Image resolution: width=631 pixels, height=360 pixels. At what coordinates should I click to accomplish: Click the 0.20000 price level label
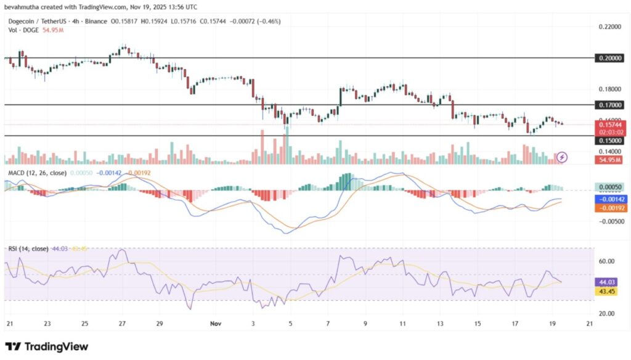click(610, 57)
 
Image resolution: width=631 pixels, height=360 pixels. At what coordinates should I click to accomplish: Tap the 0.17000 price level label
click(610, 105)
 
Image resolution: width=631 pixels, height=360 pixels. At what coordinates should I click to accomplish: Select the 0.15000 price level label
click(610, 141)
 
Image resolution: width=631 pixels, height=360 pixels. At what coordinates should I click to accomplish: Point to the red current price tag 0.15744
click(610, 125)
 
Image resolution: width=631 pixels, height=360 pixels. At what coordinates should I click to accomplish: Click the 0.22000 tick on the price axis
click(610, 27)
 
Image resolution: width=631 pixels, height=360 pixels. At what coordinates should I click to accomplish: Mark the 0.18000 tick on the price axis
click(610, 89)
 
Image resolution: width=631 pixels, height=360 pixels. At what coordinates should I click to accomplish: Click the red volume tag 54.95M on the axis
click(610, 160)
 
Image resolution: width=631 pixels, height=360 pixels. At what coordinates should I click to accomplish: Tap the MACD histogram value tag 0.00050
click(610, 186)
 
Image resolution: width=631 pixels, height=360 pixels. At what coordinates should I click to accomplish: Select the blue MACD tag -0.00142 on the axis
click(610, 199)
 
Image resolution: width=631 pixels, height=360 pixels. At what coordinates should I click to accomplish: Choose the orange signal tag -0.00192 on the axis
click(610, 208)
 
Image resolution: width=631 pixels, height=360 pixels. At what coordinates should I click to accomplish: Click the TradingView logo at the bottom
click(47, 346)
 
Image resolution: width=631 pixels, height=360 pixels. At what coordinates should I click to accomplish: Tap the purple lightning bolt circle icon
click(562, 158)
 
